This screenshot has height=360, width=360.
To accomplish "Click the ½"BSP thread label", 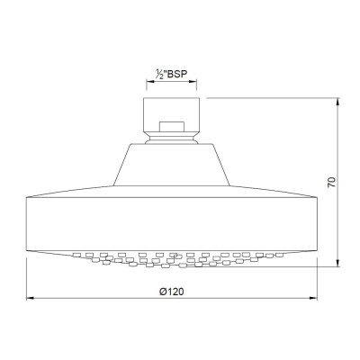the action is [171, 74].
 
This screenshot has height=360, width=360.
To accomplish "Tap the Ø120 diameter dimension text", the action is [172, 291].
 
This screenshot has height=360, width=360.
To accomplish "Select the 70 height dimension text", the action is [331, 182].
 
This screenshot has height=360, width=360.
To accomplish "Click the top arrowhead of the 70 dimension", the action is [338, 101].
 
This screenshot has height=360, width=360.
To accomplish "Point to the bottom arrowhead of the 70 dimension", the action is [338, 263].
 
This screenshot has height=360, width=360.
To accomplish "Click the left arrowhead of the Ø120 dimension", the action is [31, 298].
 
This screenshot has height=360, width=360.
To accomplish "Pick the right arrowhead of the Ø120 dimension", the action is [313, 298].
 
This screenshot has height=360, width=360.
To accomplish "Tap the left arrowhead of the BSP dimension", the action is [150, 81].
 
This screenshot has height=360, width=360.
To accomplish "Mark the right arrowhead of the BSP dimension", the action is [193, 81].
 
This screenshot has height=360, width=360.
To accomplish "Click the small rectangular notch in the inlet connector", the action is [172, 127].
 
